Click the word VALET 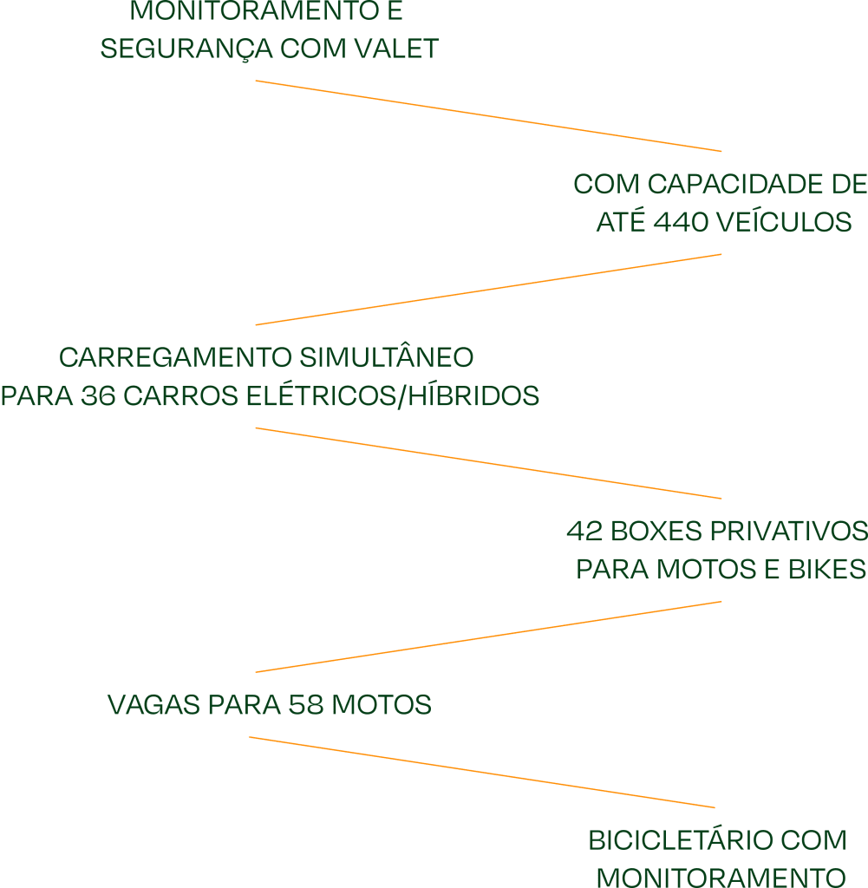tap(398, 49)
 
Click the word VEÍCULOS tap(786, 223)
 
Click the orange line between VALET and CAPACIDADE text tap(488, 116)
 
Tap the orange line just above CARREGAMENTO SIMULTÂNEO tap(488, 290)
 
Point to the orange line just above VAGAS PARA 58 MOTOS tap(488, 637)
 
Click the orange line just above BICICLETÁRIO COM tap(482, 773)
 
